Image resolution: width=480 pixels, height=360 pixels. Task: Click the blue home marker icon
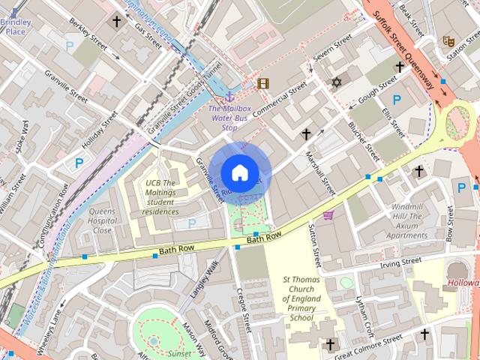pos(238,172)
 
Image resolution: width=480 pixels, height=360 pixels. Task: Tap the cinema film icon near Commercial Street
pos(262,83)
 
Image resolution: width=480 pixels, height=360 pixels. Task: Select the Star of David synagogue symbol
pos(335,82)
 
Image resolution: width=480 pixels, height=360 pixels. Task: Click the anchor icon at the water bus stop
pos(230,95)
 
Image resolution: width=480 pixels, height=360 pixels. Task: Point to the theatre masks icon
pos(448,40)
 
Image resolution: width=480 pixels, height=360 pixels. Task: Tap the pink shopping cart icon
pos(328,216)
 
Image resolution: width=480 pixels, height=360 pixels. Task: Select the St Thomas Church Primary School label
pos(301,298)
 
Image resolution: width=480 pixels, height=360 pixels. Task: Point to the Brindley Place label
pos(16,27)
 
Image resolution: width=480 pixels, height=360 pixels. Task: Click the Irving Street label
pos(400,262)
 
